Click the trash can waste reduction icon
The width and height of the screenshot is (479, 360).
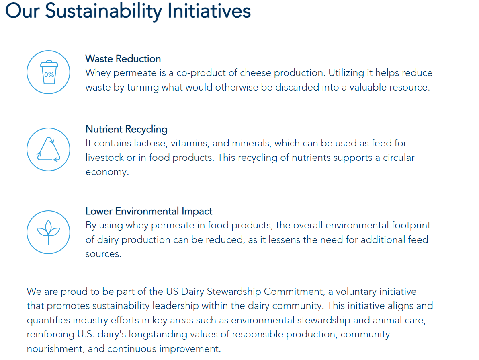tap(49, 72)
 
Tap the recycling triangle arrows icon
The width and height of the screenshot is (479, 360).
tap(49, 149)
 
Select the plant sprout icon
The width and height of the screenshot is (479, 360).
tap(49, 232)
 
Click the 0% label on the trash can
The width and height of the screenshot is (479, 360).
tap(49, 74)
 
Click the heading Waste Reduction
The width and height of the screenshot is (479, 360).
tap(123, 59)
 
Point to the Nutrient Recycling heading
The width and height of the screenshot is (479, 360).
tap(127, 130)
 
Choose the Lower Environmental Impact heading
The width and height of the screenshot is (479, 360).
tap(149, 211)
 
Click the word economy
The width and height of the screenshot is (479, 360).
tap(107, 172)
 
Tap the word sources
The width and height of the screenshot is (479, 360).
tap(103, 254)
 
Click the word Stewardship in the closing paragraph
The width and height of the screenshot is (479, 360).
tap(234, 292)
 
